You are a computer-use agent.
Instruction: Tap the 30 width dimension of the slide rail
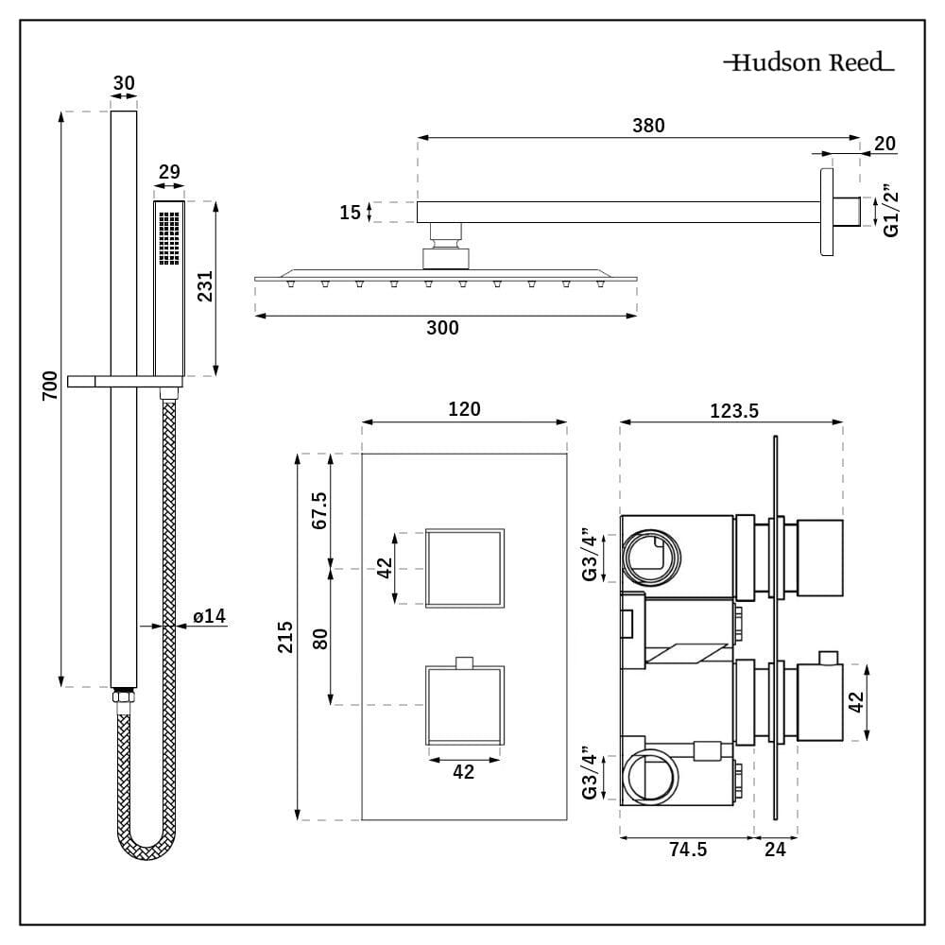pos(124,83)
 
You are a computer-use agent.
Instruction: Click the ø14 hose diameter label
pos(209,616)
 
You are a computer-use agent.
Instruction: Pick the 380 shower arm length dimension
pos(648,125)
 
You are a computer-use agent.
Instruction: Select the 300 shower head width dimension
pos(443,328)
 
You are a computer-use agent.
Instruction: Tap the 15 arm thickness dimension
pos(351,213)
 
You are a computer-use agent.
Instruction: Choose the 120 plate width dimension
pos(464,409)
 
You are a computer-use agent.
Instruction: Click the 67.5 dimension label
pos(319,510)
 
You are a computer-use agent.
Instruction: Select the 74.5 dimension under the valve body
pos(688,849)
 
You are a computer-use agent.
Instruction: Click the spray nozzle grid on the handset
pos(169,237)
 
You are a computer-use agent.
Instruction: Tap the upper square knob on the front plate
pos(464,568)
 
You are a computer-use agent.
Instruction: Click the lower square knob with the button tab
pos(464,705)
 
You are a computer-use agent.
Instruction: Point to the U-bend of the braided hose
pos(147,846)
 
